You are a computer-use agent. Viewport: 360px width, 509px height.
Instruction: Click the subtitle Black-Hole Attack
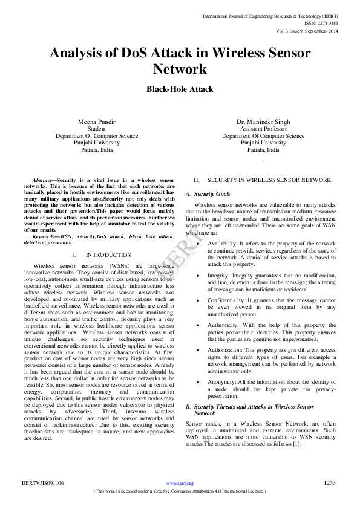[180, 89]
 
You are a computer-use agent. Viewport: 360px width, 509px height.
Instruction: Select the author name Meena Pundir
[97, 122]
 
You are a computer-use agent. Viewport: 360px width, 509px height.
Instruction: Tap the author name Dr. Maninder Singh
[263, 122]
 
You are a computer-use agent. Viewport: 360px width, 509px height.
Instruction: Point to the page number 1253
[330, 482]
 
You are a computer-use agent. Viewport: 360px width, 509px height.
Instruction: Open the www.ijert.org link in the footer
[180, 483]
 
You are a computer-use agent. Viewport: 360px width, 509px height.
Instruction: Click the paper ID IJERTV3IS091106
[42, 482]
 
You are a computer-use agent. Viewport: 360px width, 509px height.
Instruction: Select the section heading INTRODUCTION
[108, 255]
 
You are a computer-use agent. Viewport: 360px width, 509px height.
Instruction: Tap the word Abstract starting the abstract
[42, 180]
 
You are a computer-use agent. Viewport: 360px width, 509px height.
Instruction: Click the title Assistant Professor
[263, 129]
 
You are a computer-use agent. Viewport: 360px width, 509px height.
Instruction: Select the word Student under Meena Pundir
[97, 129]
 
